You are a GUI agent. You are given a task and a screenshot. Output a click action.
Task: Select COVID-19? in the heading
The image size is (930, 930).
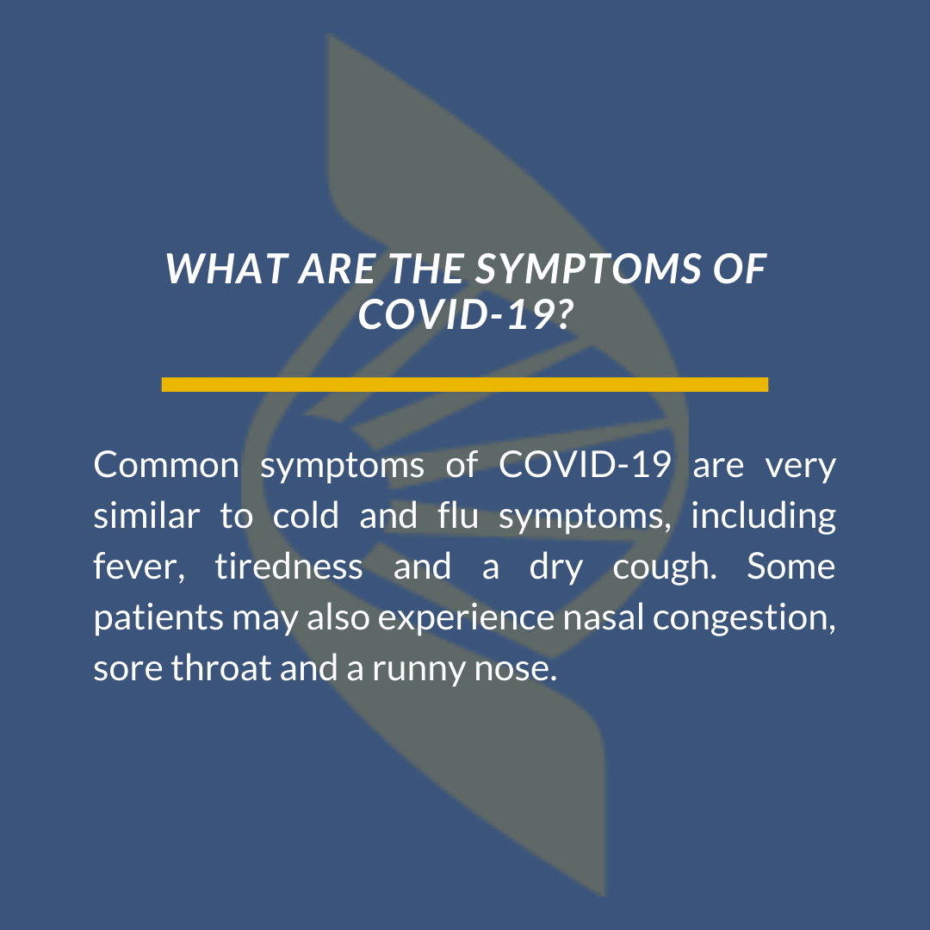466,313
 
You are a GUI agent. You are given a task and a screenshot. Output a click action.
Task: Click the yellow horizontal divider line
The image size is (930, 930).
465,384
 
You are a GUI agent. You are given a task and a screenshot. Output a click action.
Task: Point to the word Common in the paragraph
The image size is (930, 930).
166,465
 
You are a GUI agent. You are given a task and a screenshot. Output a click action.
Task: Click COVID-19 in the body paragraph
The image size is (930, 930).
585,464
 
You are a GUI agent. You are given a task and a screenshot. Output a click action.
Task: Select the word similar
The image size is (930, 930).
146,515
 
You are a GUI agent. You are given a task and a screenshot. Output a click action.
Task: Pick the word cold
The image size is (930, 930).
306,515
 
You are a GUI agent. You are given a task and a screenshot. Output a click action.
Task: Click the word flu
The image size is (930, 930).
458,515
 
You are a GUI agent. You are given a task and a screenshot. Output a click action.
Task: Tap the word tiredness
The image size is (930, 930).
288,566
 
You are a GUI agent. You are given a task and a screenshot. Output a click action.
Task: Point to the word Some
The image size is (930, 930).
791,567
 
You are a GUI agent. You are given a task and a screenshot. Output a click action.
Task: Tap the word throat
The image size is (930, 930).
221,668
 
